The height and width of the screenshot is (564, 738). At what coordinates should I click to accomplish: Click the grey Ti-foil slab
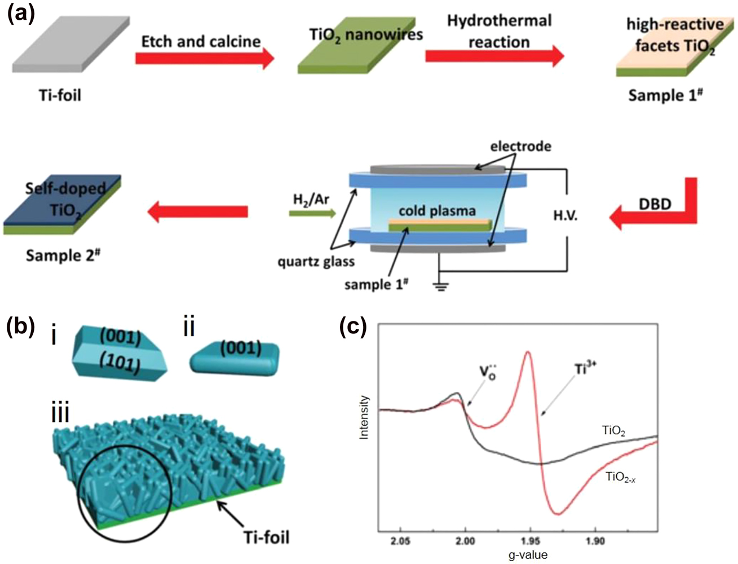pyautogui.click(x=70, y=44)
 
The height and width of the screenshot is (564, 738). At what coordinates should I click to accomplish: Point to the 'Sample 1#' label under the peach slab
pyautogui.click(x=665, y=95)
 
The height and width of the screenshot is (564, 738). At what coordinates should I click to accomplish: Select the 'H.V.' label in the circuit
pyautogui.click(x=565, y=216)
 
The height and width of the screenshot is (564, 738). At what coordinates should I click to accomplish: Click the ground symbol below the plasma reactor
pyautogui.click(x=440, y=286)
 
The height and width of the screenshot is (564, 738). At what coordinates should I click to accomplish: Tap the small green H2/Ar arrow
pyautogui.click(x=312, y=213)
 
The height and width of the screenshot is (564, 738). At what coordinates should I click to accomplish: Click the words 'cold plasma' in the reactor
pyautogui.click(x=437, y=211)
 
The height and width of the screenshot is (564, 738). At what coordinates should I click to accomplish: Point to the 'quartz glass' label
pyautogui.click(x=316, y=261)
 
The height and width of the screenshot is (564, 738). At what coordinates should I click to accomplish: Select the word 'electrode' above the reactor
pyautogui.click(x=520, y=147)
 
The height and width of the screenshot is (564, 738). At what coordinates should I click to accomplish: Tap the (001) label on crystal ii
pyautogui.click(x=241, y=348)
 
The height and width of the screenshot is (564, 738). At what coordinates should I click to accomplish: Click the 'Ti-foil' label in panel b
pyautogui.click(x=267, y=536)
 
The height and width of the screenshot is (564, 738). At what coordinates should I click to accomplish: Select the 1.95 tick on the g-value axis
pyautogui.click(x=530, y=541)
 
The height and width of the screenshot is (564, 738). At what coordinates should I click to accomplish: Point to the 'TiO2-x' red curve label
pyautogui.click(x=621, y=477)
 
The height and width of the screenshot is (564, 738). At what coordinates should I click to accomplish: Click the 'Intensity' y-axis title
pyautogui.click(x=364, y=417)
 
